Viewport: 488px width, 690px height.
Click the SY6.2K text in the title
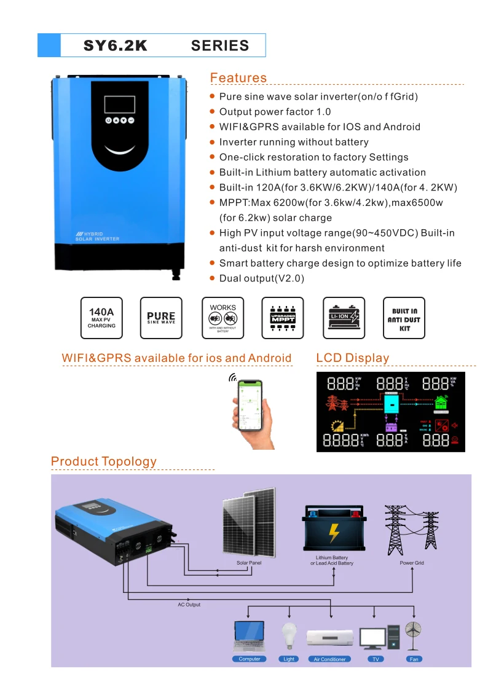(x=116, y=45)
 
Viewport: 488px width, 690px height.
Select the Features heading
(x=238, y=77)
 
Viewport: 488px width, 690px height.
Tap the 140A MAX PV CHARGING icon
(x=101, y=318)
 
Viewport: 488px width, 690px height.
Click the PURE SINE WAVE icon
(x=161, y=318)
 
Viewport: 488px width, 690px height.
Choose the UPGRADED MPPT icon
(x=283, y=318)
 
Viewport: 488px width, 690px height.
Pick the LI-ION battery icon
(x=344, y=318)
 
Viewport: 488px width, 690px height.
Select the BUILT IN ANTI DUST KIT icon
(x=404, y=318)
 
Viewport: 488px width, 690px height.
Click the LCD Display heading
(x=352, y=358)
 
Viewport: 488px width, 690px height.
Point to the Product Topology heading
(x=104, y=461)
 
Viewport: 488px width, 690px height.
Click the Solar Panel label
(x=249, y=563)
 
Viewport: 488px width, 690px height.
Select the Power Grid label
(x=412, y=563)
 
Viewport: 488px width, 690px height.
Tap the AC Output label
(x=189, y=605)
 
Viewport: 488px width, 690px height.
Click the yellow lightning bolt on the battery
(x=334, y=532)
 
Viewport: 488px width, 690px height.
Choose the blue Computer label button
(x=250, y=659)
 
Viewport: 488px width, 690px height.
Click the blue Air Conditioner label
(x=330, y=659)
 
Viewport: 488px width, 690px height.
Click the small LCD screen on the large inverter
(x=119, y=104)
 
